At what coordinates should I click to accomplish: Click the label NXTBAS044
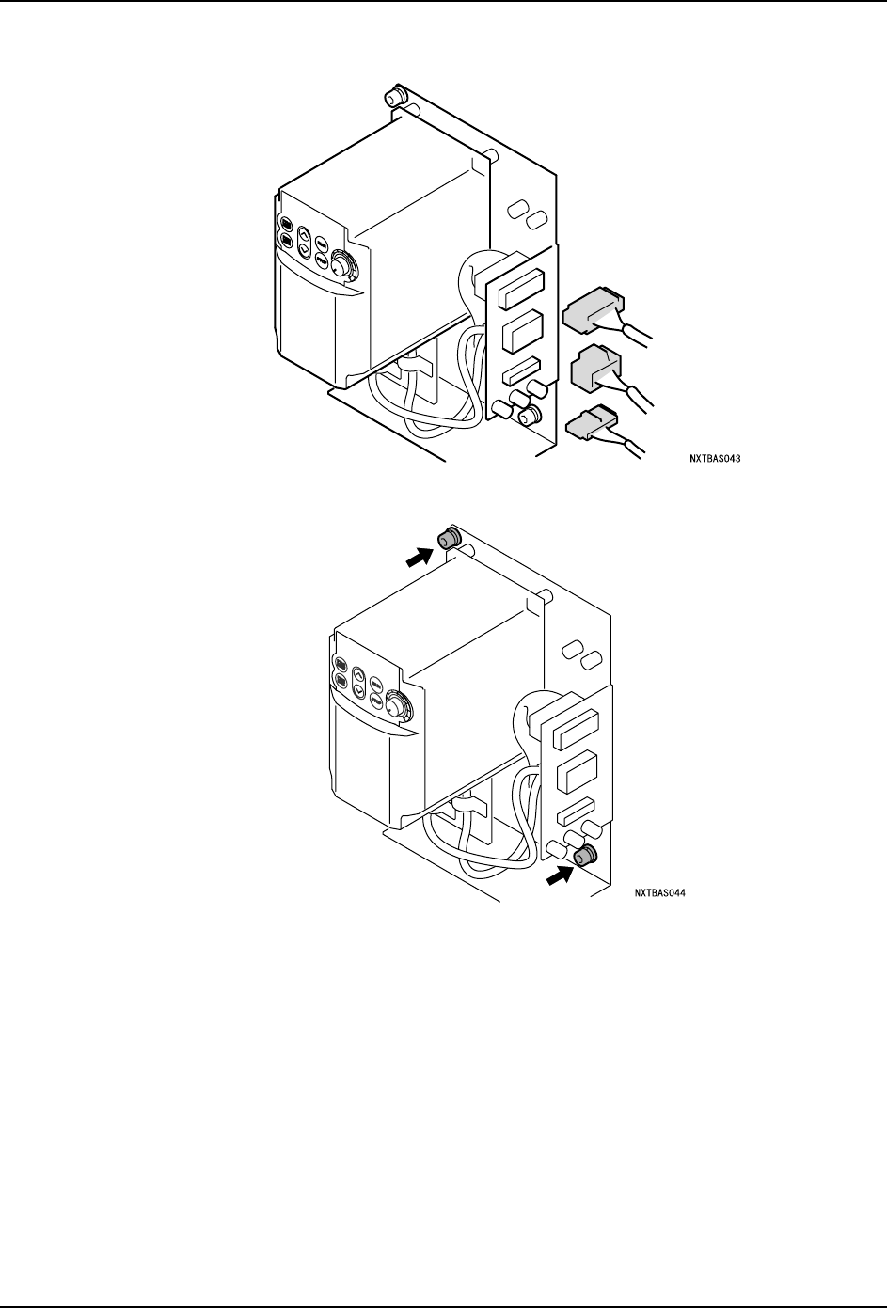658,893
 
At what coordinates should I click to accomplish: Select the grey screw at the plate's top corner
447,539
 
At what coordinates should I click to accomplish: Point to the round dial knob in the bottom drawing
400,705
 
